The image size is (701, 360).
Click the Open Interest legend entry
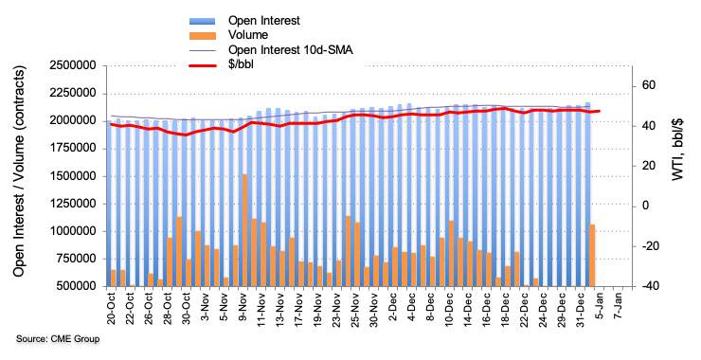coord(263,21)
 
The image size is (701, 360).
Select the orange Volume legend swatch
coord(202,35)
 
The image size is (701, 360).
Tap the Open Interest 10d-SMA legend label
coord(291,49)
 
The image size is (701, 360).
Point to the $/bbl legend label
coord(241,65)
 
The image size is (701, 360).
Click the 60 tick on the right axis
coord(648,85)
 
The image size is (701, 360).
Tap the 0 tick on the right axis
coord(645,207)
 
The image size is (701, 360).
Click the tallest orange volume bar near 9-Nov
coord(245,230)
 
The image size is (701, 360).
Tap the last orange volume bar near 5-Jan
coord(592,256)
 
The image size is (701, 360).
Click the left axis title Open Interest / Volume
coord(19,171)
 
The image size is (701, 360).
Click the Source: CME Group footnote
coord(58,339)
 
